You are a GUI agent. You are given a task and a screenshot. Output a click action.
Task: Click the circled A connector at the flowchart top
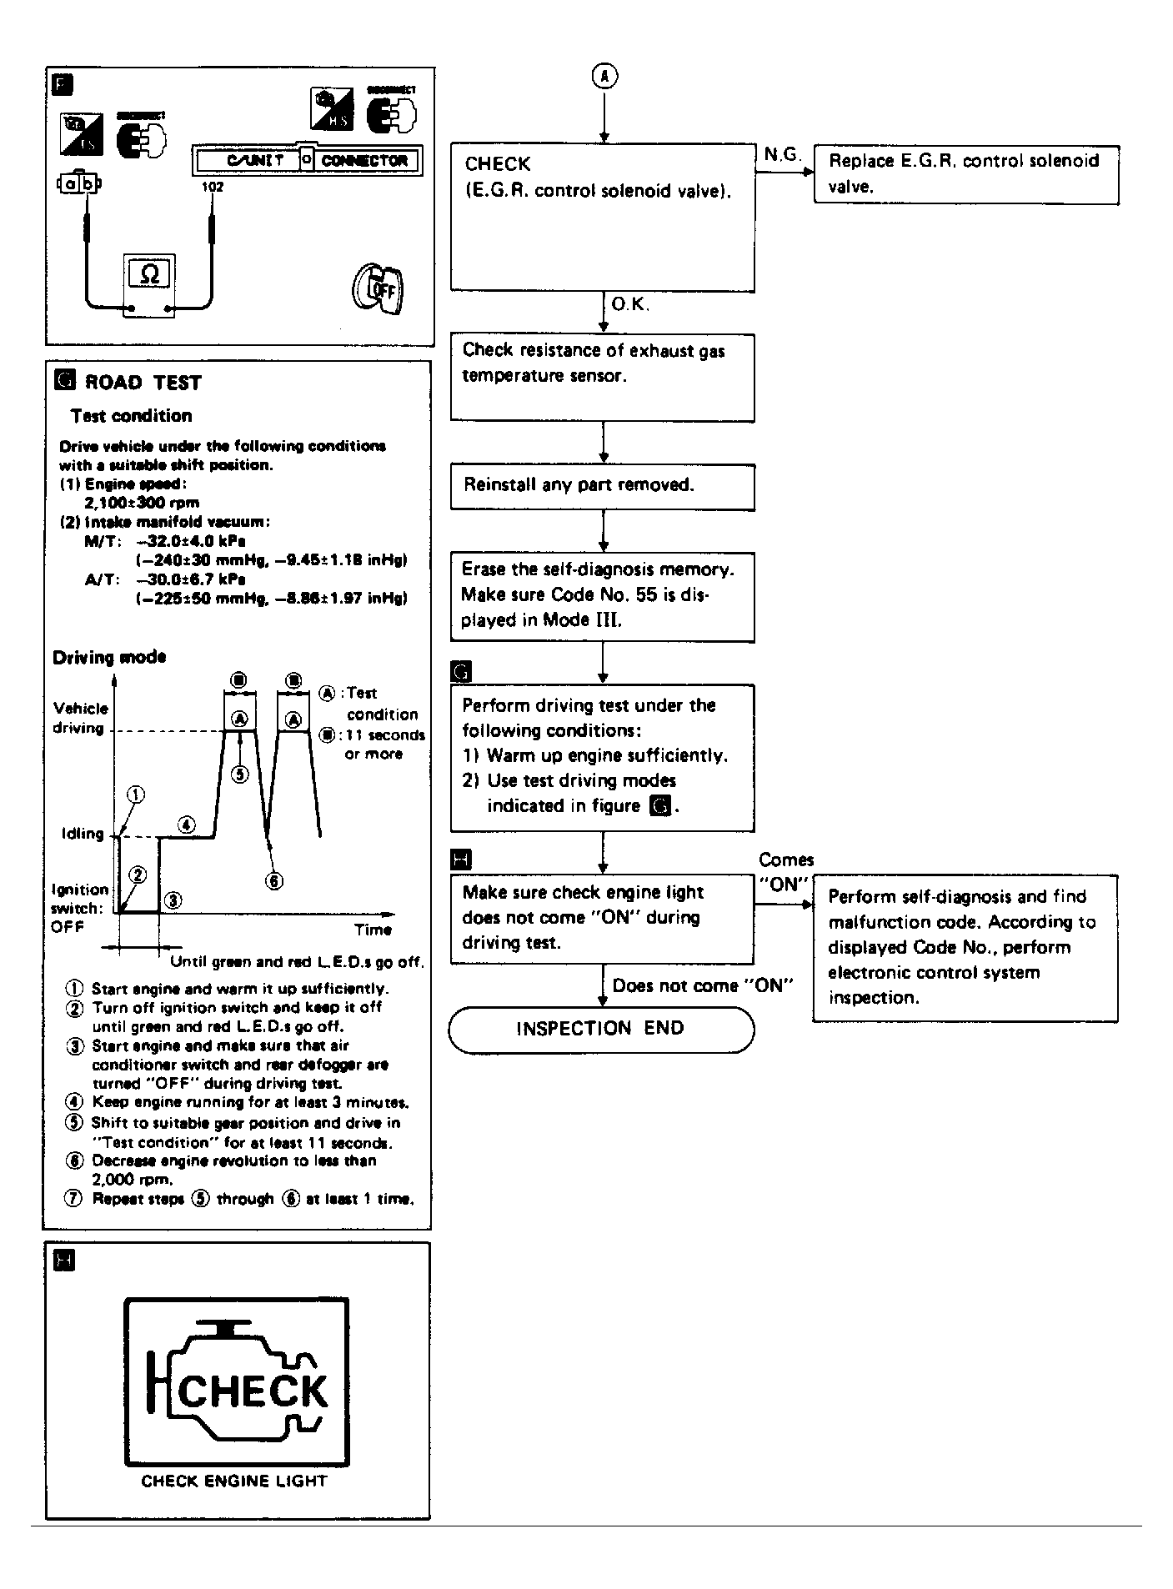point(604,77)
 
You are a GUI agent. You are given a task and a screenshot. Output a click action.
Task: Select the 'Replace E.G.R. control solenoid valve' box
point(965,174)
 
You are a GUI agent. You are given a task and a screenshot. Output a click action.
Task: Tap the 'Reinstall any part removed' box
point(602,486)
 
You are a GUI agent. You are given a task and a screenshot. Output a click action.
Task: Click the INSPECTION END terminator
point(601,1029)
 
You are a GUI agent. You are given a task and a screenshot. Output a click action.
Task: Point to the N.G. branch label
point(781,155)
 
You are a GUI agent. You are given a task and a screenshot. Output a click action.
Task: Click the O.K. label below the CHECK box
point(629,305)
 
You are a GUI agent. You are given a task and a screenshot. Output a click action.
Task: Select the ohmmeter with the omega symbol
point(150,274)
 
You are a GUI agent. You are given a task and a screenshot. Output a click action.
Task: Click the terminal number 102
point(212,187)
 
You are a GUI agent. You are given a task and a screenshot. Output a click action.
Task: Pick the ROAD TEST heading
point(143,383)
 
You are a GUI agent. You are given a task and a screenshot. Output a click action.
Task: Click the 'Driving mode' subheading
point(109,657)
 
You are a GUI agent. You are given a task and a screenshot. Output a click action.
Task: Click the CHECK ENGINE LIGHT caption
point(234,1481)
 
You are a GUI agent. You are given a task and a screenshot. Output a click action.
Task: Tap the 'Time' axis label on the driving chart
point(373,930)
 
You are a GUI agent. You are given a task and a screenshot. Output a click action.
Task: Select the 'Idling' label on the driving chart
point(83,834)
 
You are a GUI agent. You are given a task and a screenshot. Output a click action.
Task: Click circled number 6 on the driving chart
point(274,881)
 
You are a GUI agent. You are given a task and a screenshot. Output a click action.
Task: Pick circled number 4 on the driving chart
point(187,825)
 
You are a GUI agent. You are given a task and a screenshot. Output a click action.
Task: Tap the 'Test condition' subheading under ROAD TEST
point(131,416)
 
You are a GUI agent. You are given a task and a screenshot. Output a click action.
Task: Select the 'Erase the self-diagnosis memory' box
point(602,595)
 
